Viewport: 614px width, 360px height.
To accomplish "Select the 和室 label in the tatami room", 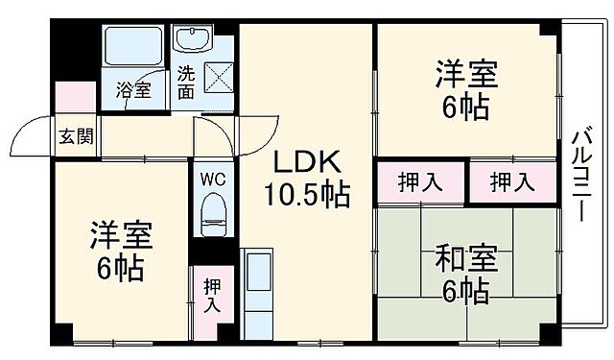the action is (x=466, y=257).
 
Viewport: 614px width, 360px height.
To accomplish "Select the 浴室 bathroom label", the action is (x=133, y=91).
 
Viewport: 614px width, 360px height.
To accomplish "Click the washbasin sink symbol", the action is (x=192, y=40).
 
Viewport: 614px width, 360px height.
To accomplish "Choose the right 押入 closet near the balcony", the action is (x=512, y=181).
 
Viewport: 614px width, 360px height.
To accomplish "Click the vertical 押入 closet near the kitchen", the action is (x=212, y=297).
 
